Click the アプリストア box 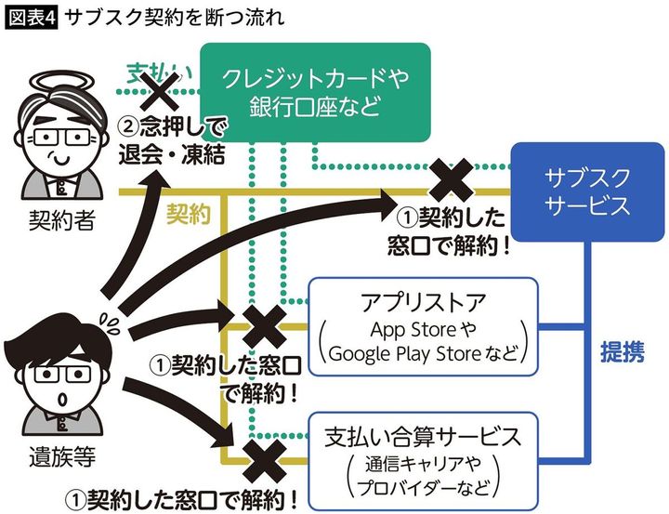(423, 326)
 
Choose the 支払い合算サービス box (423, 455)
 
